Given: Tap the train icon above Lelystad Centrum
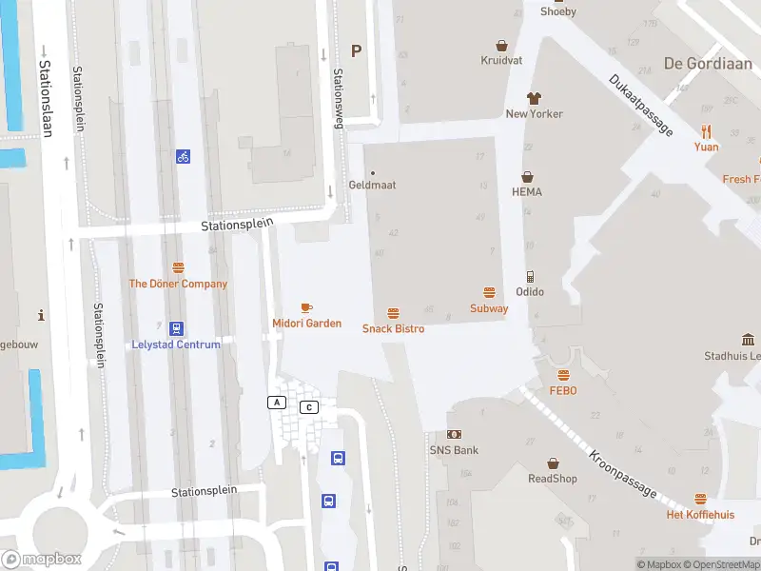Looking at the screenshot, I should [176, 327].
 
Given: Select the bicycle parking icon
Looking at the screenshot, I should [183, 156].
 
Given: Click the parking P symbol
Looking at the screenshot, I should [357, 51].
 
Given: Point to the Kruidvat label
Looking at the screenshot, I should [502, 60].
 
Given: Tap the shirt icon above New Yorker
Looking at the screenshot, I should [534, 97].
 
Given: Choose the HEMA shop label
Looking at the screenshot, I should [526, 191].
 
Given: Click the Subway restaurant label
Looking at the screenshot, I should [489, 308].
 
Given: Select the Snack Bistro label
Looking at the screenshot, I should [393, 328].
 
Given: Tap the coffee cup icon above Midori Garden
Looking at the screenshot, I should [306, 307].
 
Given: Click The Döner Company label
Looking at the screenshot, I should [178, 284].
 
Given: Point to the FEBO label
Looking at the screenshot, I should [563, 390].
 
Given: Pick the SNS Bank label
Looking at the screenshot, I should [454, 450].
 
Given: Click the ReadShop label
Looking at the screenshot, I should [553, 479].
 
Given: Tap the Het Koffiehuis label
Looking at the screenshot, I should [700, 515].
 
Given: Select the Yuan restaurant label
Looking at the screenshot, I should [706, 147].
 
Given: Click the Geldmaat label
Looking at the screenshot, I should [372, 185].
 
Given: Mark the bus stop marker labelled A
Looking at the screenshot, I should [277, 403].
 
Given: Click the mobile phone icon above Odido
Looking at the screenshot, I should [530, 276].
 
